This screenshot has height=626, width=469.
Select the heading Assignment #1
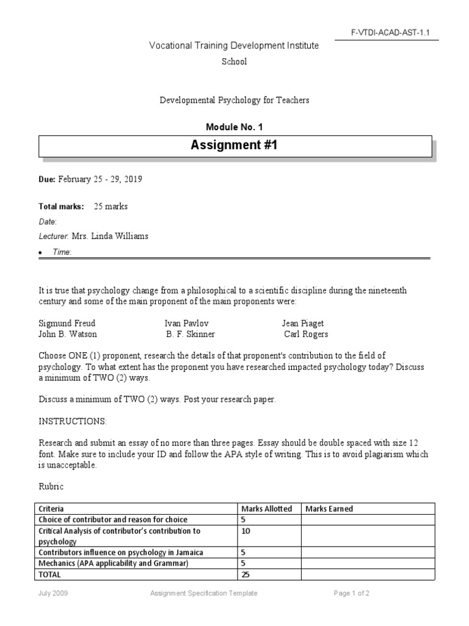[234, 145]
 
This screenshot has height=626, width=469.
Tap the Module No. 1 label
[234, 127]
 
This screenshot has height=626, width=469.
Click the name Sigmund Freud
[67, 323]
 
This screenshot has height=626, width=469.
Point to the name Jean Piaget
[303, 323]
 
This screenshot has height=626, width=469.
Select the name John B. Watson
[68, 334]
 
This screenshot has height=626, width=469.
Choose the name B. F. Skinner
[191, 334]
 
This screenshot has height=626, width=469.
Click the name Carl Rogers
[306, 334]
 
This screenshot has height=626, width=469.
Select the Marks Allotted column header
[266, 509]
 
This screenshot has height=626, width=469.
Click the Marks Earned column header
[329, 509]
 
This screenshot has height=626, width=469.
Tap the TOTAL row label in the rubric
[51, 575]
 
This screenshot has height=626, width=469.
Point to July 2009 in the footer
[51, 593]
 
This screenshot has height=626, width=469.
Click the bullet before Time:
[40, 252]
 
